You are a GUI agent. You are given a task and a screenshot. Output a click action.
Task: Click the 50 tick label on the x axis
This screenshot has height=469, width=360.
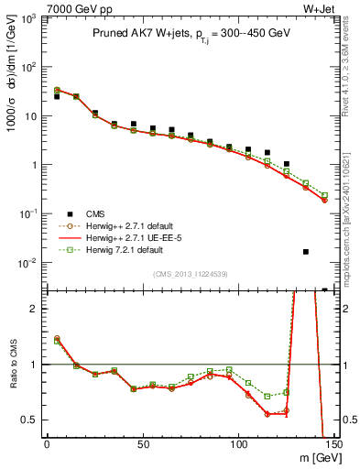coord(142,444)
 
